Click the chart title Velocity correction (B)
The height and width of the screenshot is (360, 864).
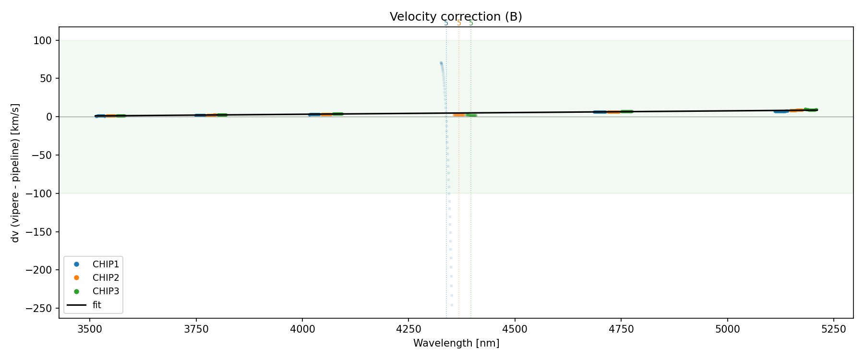(456, 17)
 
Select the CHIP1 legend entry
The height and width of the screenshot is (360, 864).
(106, 264)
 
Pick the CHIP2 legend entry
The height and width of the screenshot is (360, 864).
(106, 278)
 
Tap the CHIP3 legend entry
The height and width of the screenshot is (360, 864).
(106, 291)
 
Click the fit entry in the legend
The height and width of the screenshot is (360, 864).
(96, 305)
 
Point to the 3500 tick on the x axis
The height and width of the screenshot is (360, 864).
(90, 329)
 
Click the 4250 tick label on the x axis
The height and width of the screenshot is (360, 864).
(408, 329)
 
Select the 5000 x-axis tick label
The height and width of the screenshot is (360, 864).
(727, 329)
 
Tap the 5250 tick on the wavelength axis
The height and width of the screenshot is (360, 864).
(833, 329)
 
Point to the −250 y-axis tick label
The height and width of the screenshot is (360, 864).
(38, 308)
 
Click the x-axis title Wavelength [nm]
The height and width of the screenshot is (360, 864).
(456, 343)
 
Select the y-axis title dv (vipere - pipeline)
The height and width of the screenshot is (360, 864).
(15, 173)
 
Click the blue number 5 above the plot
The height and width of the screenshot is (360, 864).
(446, 24)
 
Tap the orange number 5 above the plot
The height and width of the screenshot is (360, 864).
(459, 24)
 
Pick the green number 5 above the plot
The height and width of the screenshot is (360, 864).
(471, 24)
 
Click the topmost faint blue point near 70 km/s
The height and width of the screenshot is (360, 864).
(441, 63)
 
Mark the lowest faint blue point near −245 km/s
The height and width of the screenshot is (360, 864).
(452, 305)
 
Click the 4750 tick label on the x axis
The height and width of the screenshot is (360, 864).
(621, 329)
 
